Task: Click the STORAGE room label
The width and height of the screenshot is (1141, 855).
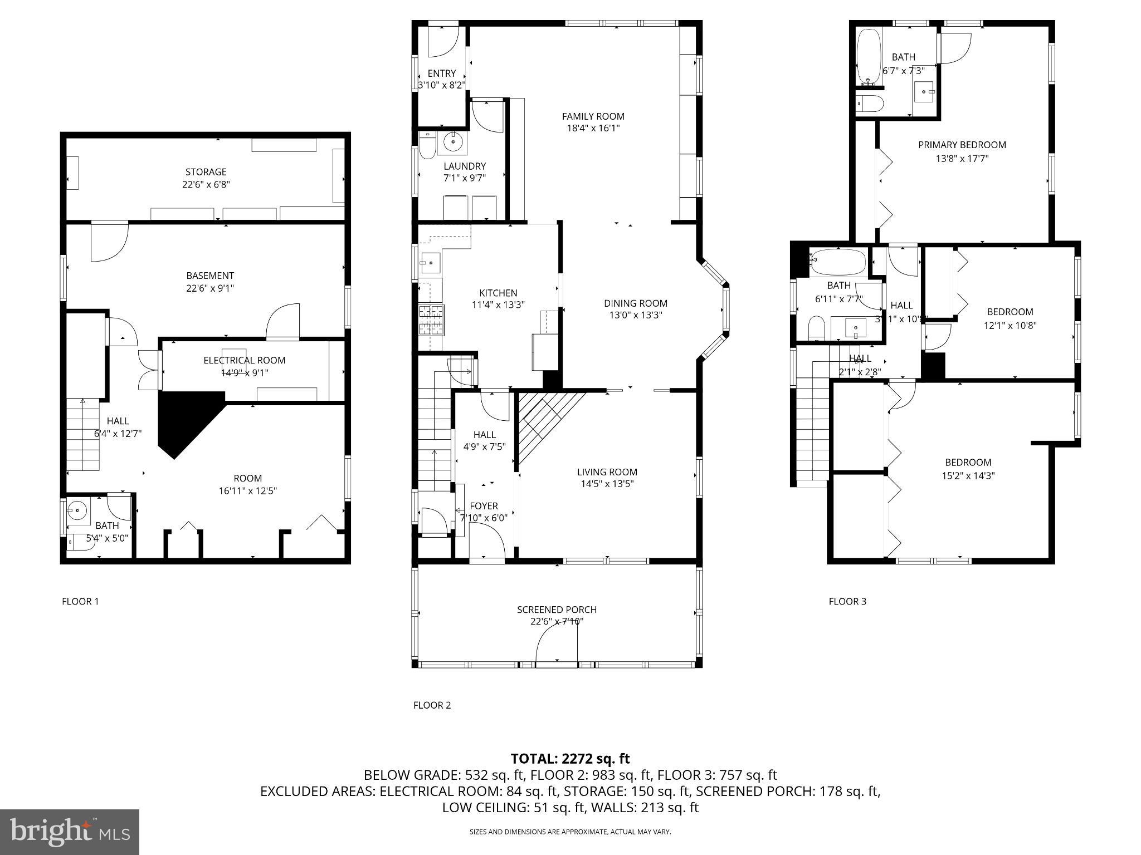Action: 206,172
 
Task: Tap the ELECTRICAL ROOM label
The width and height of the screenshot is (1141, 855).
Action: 244,361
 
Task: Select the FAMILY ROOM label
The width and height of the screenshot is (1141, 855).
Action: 593,116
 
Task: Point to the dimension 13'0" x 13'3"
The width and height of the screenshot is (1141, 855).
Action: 636,316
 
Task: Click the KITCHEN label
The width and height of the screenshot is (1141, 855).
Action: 498,293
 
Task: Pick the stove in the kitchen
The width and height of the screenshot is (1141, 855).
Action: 431,320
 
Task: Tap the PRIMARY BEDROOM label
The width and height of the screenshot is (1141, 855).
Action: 962,145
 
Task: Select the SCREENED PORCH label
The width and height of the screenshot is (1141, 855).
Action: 557,610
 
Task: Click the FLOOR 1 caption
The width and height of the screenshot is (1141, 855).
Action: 80,601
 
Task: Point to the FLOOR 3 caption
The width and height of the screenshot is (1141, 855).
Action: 847,601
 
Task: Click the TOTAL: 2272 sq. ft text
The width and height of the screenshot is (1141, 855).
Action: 570,759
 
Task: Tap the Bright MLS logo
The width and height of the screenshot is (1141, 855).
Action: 70,832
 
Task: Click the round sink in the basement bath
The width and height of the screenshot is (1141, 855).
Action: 77,510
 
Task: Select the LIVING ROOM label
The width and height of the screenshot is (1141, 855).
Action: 607,472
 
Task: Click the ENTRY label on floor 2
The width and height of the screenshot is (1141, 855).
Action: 442,73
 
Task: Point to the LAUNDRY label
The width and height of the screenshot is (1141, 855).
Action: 465,166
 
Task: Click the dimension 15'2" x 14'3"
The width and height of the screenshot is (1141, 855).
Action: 968,476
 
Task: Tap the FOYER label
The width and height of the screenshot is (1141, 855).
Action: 484,506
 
